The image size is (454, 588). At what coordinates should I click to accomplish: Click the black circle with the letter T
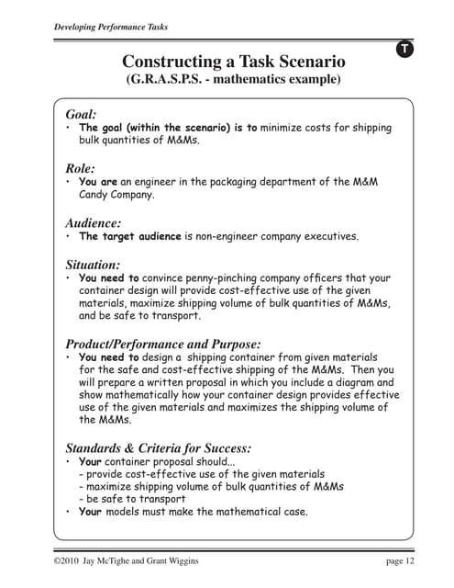(x=404, y=49)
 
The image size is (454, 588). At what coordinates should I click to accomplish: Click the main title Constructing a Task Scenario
(x=234, y=62)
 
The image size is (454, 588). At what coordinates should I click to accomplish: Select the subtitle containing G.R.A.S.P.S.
(x=233, y=80)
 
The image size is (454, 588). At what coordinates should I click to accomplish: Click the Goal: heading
(x=81, y=113)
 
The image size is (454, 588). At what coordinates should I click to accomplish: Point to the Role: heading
(x=80, y=168)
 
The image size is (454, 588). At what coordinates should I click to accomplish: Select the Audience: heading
(x=93, y=222)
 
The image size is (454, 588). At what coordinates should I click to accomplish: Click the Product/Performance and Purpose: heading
(x=163, y=344)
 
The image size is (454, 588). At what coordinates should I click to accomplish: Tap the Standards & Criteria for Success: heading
(x=158, y=448)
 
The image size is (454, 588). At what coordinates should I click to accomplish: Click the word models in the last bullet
(x=127, y=512)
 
